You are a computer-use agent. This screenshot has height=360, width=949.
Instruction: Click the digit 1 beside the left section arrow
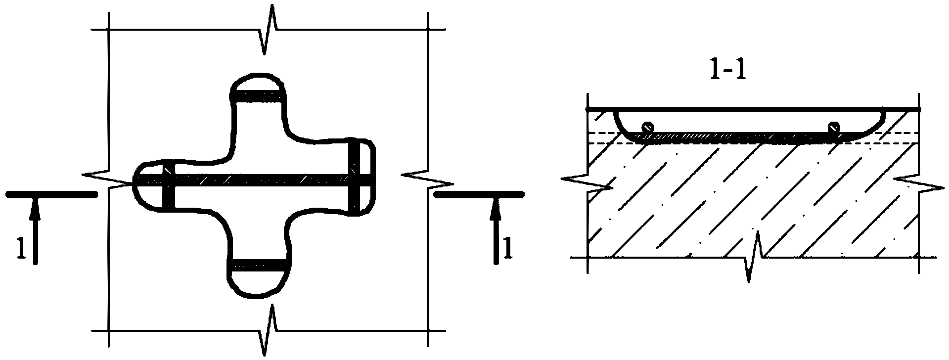[21, 249]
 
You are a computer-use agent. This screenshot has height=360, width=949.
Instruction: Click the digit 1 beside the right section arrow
[508, 249]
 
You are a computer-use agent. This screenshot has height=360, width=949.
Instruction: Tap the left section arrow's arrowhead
[34, 208]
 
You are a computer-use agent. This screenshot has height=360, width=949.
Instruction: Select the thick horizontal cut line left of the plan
[51, 195]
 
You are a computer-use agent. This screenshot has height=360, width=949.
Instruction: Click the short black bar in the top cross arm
[258, 96]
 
